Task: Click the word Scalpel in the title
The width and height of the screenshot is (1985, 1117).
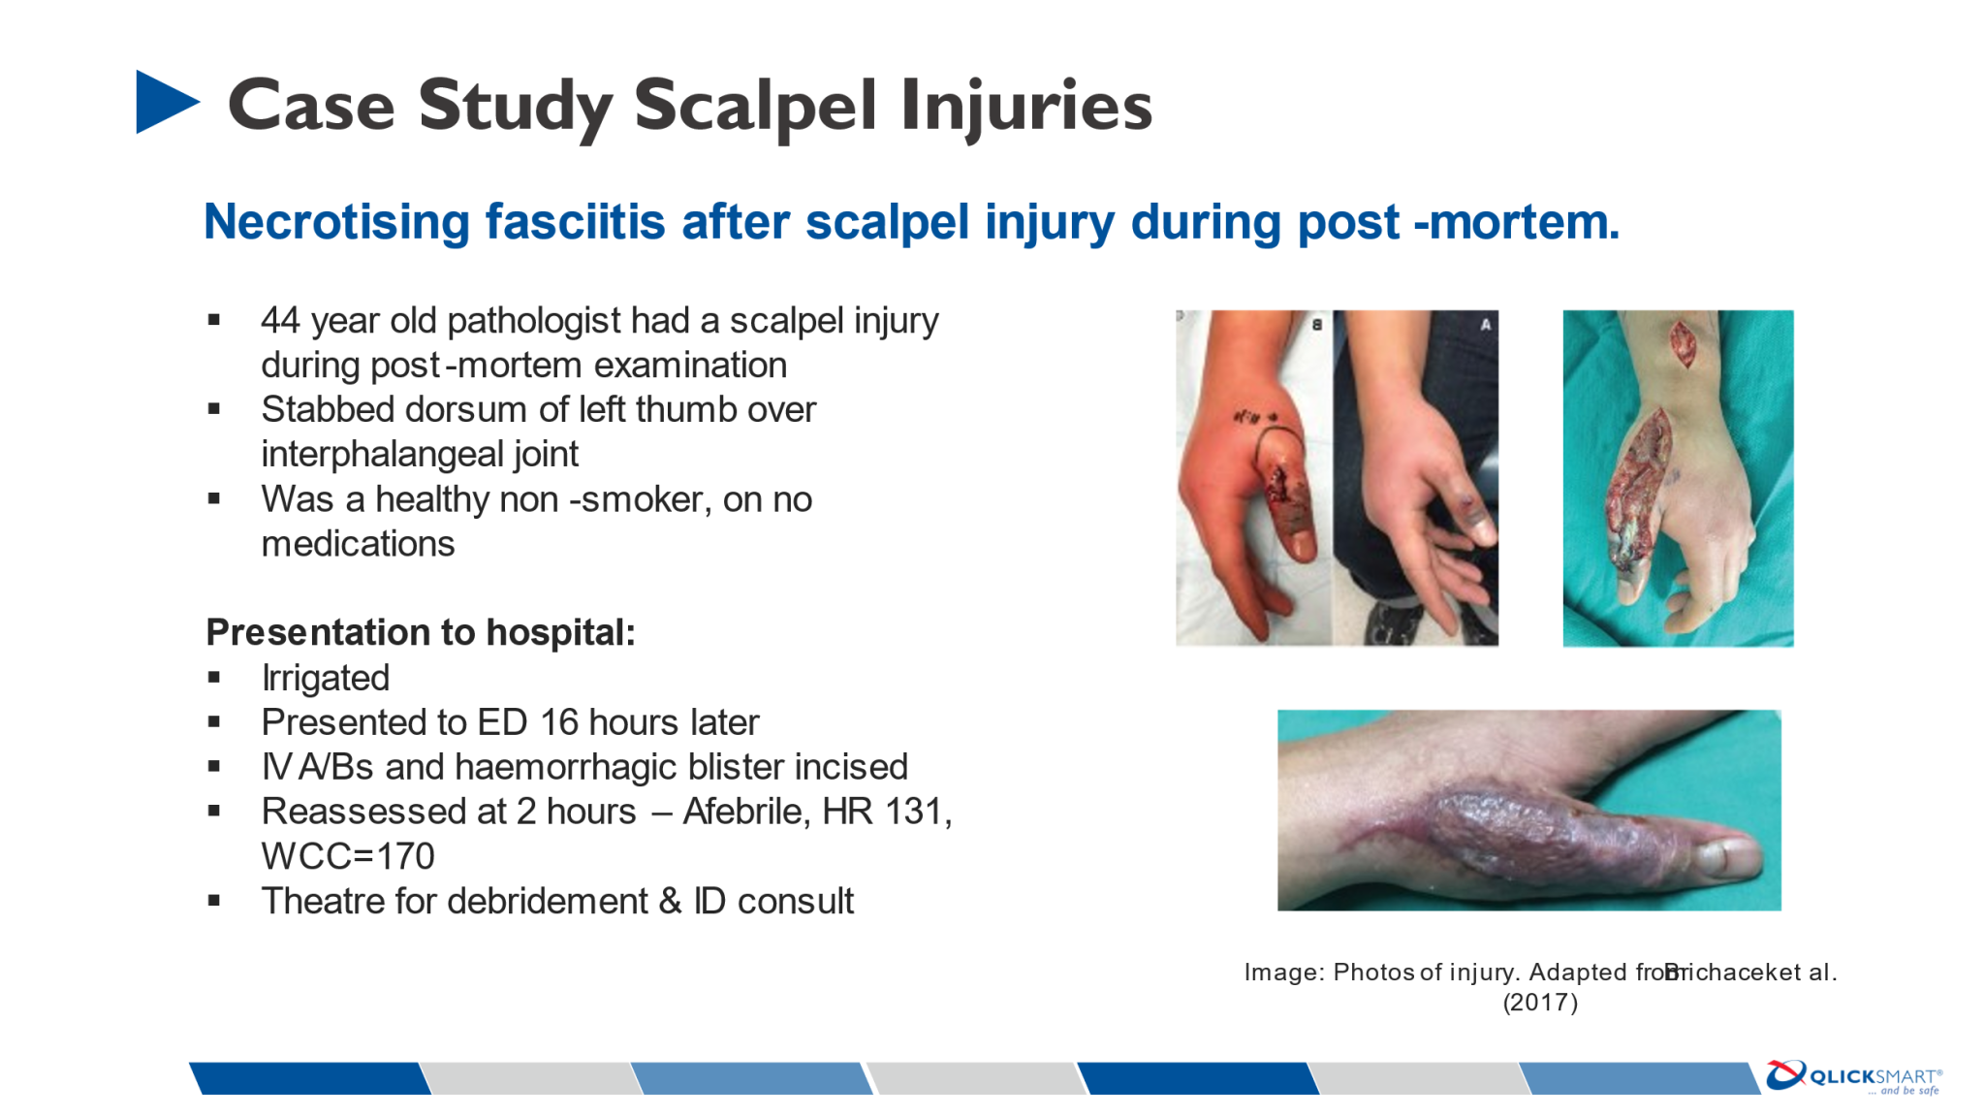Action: (x=756, y=106)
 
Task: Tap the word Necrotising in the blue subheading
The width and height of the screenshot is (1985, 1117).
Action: (x=335, y=222)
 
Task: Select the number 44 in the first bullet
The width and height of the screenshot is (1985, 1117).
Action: (x=281, y=321)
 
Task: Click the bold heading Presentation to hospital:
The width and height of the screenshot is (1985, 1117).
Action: (x=421, y=633)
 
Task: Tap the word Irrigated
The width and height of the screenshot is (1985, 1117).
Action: (x=326, y=679)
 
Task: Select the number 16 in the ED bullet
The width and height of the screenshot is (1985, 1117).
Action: (x=559, y=723)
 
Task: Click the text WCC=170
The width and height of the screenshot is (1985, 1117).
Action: (x=348, y=857)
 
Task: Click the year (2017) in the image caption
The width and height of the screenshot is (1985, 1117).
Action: (x=1540, y=1003)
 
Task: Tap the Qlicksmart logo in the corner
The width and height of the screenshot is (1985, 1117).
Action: (x=1853, y=1077)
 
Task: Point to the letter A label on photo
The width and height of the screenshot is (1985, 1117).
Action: (x=1485, y=326)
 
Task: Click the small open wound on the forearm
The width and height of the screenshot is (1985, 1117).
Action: (x=1684, y=344)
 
